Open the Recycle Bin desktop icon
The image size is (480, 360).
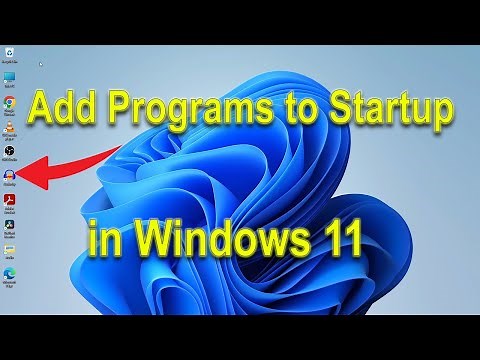point(10,52)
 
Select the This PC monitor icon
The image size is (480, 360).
point(10,77)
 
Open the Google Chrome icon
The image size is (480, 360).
point(10,102)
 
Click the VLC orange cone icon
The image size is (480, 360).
point(10,126)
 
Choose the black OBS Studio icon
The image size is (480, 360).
point(10,150)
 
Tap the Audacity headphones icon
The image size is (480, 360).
point(10,174)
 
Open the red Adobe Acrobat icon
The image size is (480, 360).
point(10,199)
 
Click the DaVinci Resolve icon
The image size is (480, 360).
point(10,224)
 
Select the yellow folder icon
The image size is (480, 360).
point(10,248)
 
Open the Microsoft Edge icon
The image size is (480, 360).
point(10,272)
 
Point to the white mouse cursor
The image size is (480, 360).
point(40,65)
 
